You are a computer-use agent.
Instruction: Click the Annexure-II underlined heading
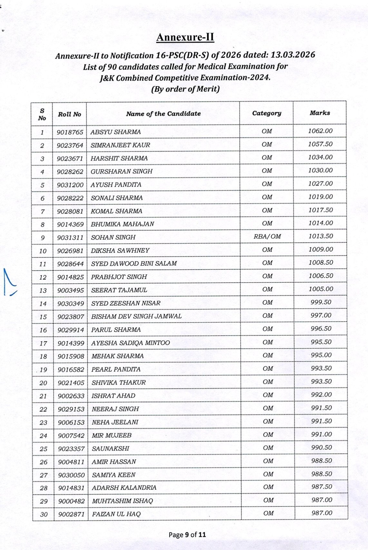coord(185,37)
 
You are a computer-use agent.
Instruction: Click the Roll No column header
coord(69,114)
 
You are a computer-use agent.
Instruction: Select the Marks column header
coord(320,113)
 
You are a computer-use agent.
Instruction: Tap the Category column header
coord(266,113)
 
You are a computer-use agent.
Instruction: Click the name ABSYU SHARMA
coord(115,132)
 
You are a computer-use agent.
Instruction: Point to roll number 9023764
coord(70,145)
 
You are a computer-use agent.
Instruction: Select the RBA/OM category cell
coord(267,237)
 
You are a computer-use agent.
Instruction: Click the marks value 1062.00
coord(320,131)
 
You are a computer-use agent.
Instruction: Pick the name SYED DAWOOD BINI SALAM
coord(134,263)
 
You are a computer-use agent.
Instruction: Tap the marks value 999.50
coord(321,302)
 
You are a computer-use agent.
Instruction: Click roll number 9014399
coord(71,343)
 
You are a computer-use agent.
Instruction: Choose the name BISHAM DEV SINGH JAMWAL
coord(136,316)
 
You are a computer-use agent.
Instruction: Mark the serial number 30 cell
coord(44,514)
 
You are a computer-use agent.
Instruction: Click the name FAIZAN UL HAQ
coord(116,514)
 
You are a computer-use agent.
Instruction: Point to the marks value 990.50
coord(322,448)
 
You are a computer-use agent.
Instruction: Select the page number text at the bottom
coord(187,535)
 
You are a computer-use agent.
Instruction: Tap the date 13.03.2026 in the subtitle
coord(293,55)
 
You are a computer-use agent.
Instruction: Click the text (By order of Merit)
coord(185,89)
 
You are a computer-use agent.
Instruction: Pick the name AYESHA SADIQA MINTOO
coord(131,343)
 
